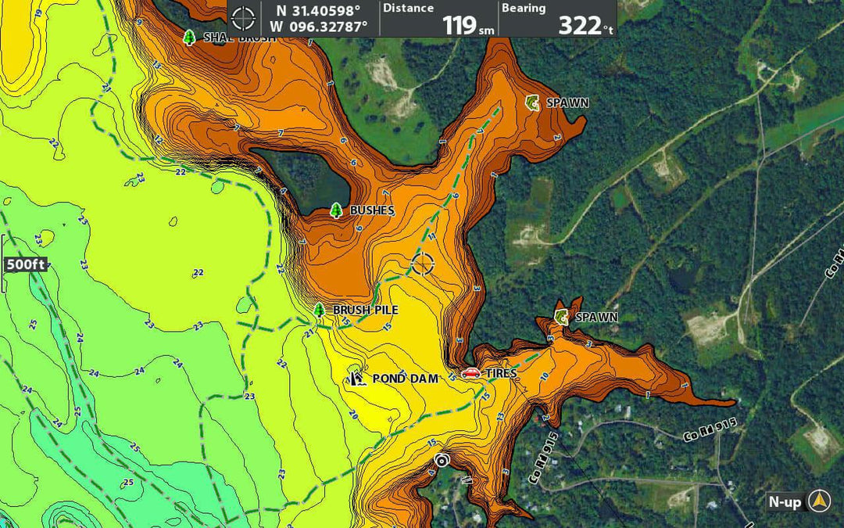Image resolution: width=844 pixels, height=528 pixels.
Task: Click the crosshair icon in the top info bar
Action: click(x=244, y=18)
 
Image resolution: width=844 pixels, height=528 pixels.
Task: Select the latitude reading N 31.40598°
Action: click(x=319, y=10)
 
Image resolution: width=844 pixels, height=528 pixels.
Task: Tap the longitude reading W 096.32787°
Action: click(x=319, y=27)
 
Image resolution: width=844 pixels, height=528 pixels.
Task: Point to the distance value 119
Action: click(x=460, y=25)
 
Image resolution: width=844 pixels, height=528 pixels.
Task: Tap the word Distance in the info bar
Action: click(x=408, y=9)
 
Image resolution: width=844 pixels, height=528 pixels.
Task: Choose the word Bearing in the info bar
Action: click(x=524, y=9)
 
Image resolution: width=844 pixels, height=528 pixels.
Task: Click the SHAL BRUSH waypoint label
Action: click(x=239, y=38)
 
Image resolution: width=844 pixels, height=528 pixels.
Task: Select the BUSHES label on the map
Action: click(x=372, y=210)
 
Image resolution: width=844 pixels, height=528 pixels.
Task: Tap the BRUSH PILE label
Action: click(x=366, y=311)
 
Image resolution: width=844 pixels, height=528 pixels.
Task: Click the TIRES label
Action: click(x=500, y=374)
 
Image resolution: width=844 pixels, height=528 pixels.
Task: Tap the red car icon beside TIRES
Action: click(x=470, y=373)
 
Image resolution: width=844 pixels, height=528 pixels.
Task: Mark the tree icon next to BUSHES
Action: click(x=336, y=210)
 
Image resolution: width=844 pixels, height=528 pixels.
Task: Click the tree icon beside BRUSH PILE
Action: click(x=319, y=310)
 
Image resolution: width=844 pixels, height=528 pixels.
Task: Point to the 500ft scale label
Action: click(x=25, y=264)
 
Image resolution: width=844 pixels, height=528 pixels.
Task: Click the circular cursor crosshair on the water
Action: click(x=423, y=264)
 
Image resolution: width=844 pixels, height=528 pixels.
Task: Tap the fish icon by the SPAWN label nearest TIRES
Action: click(x=561, y=317)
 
